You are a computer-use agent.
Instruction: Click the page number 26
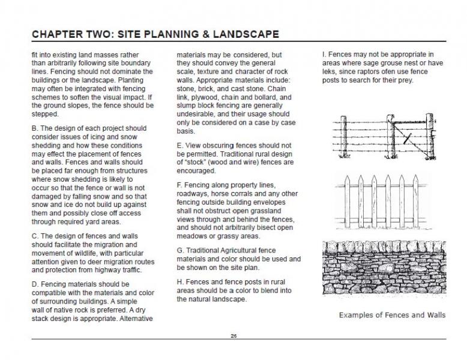click(x=233, y=335)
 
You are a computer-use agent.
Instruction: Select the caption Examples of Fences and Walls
click(x=392, y=314)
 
